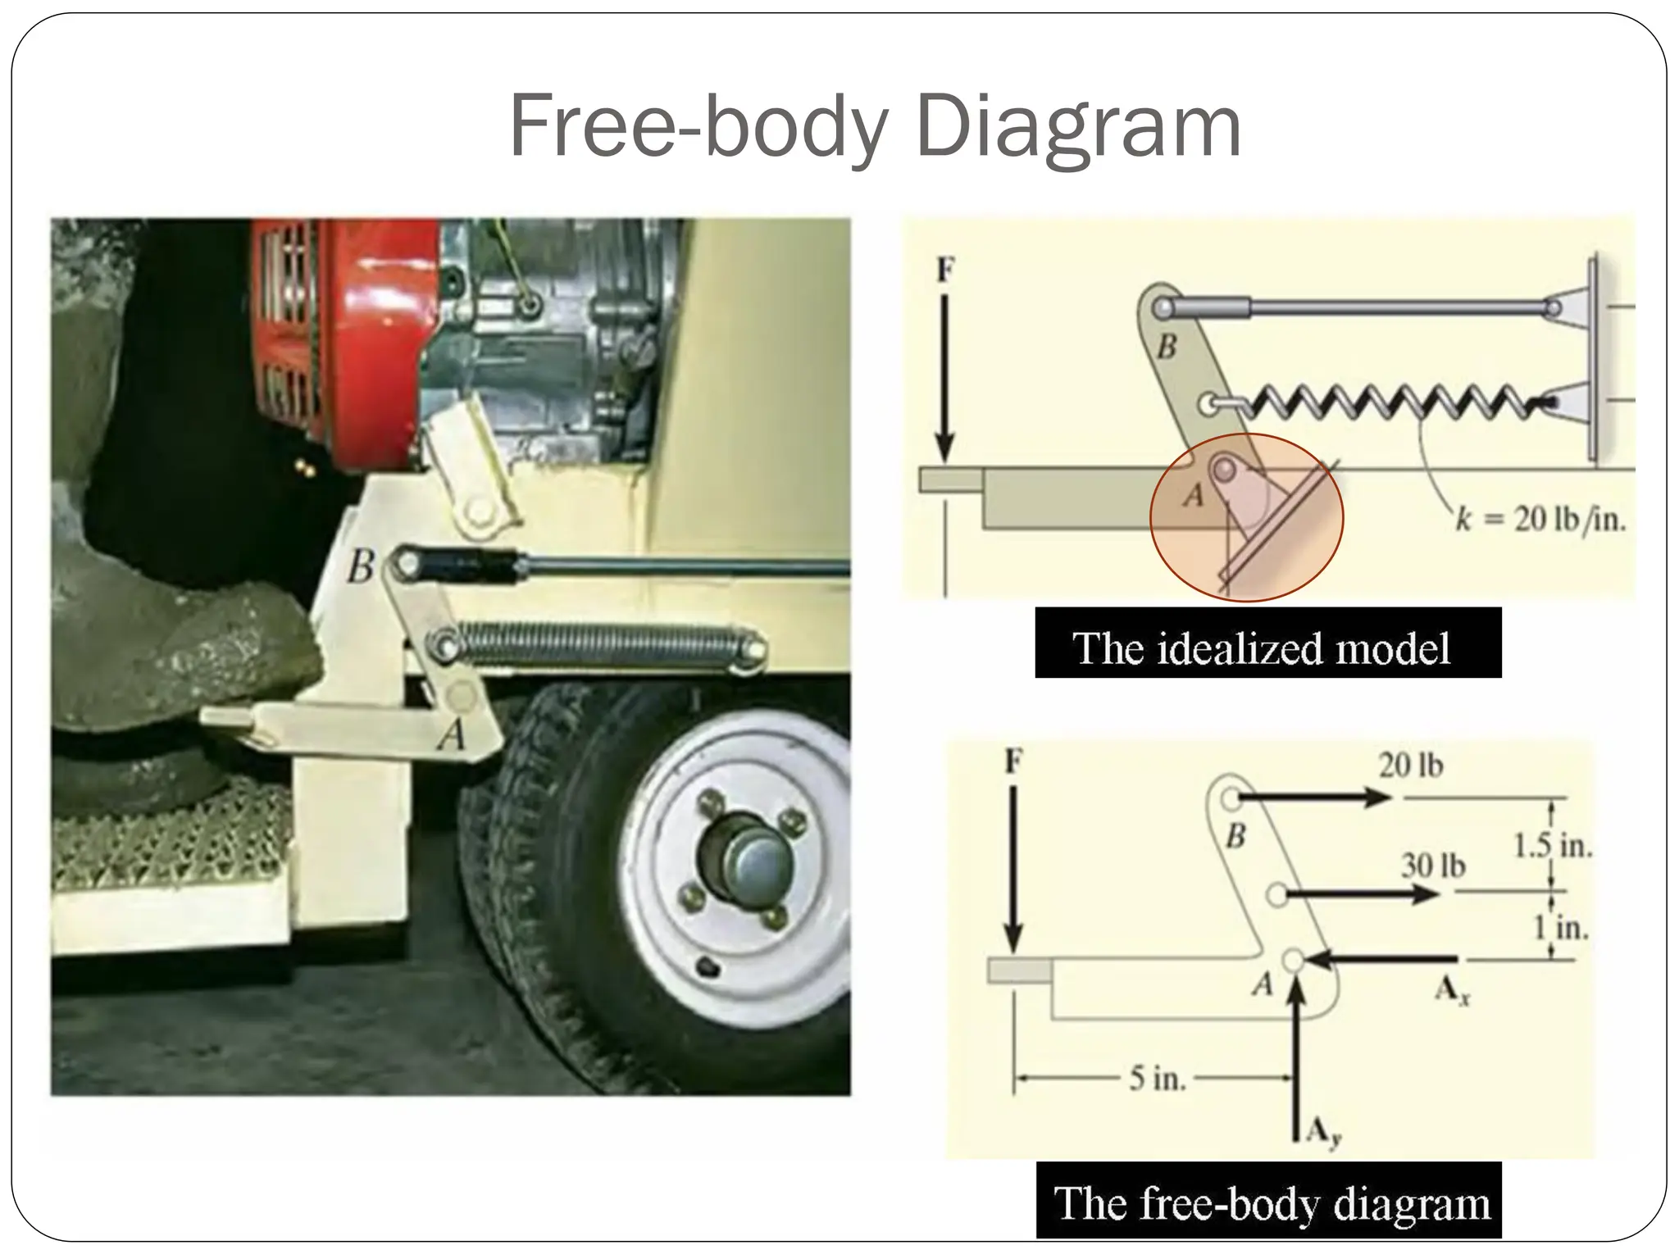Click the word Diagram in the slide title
coord(1078,127)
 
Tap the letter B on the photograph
coord(361,566)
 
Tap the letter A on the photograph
coord(451,735)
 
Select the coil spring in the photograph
coord(603,643)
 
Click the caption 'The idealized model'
coord(1267,648)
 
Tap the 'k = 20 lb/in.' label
coord(1540,520)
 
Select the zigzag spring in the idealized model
coord(1386,402)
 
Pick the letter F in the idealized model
coord(945,269)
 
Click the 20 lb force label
coord(1410,766)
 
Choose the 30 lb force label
coord(1432,866)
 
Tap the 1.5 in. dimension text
coord(1552,846)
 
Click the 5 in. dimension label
coord(1157,1079)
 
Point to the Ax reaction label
coord(1452,992)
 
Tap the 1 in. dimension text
coord(1561,928)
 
